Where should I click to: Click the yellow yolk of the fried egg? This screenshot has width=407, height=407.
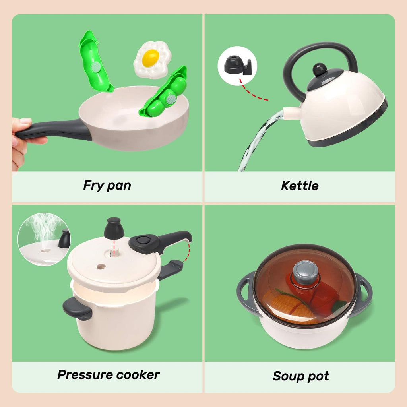pyautogui.click(x=151, y=58)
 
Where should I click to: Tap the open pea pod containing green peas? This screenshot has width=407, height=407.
pyautogui.click(x=165, y=94)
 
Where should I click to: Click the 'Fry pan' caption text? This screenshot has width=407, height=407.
pyautogui.click(x=107, y=185)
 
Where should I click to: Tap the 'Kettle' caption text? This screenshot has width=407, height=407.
pyautogui.click(x=300, y=186)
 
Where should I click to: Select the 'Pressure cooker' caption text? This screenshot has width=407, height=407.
pyautogui.click(x=108, y=374)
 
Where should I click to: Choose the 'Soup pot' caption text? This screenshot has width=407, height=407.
pyautogui.click(x=301, y=376)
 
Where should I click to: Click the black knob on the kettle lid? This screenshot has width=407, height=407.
pyautogui.click(x=320, y=69)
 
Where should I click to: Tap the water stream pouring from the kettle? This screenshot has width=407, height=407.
pyautogui.click(x=258, y=139)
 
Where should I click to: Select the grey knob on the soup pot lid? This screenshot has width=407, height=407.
pyautogui.click(x=305, y=272)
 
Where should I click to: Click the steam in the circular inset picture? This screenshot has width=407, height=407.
pyautogui.click(x=40, y=229)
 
